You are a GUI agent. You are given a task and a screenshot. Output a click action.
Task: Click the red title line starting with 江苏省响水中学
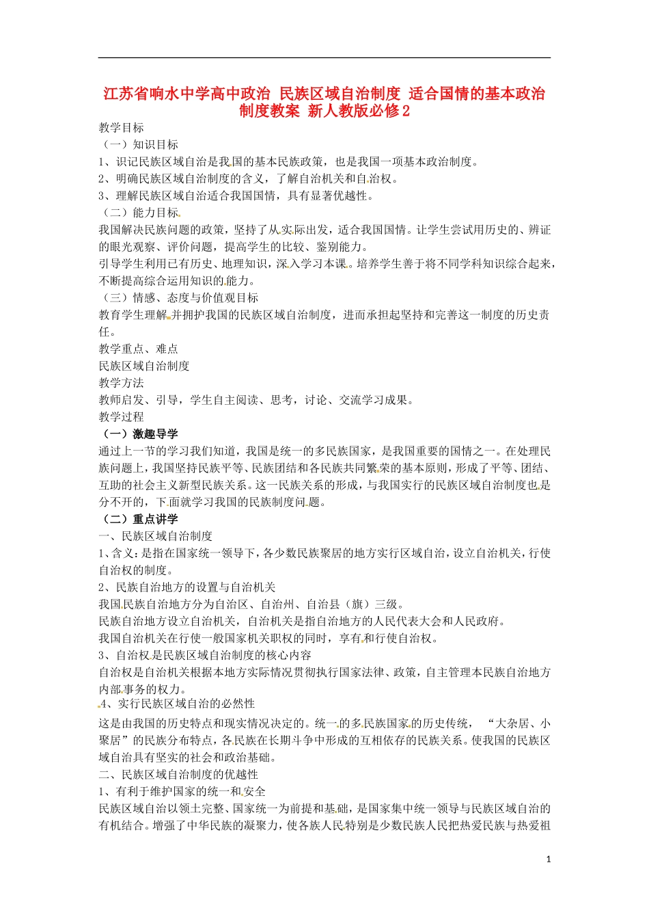tap(324, 94)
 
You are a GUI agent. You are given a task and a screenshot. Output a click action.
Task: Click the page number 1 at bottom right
tap(548, 860)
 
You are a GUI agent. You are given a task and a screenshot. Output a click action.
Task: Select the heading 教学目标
tap(121, 128)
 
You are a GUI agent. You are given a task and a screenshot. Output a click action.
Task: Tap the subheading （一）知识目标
tap(139, 145)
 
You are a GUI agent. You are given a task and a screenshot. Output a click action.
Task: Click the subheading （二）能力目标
tap(139, 213)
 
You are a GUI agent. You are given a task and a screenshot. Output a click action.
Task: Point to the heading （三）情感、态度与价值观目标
tap(178, 298)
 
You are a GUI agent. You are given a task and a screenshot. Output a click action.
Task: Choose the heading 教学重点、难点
tap(138, 349)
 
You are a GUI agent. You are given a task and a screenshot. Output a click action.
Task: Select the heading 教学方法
tap(121, 383)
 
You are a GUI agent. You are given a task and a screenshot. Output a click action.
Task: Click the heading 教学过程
tap(121, 417)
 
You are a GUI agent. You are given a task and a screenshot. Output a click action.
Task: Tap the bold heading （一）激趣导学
tap(139, 434)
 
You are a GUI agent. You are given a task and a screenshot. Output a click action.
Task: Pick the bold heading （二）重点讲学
tap(139, 520)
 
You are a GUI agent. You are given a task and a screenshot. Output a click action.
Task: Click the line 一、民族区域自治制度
tap(156, 536)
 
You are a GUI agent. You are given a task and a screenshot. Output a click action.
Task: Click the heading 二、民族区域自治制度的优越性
tap(178, 775)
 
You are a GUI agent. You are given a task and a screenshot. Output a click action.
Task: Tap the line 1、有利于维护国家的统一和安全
tap(182, 792)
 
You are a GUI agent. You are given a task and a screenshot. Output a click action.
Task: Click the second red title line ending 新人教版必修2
tap(324, 111)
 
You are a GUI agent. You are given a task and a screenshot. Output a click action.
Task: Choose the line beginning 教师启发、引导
tap(256, 400)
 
